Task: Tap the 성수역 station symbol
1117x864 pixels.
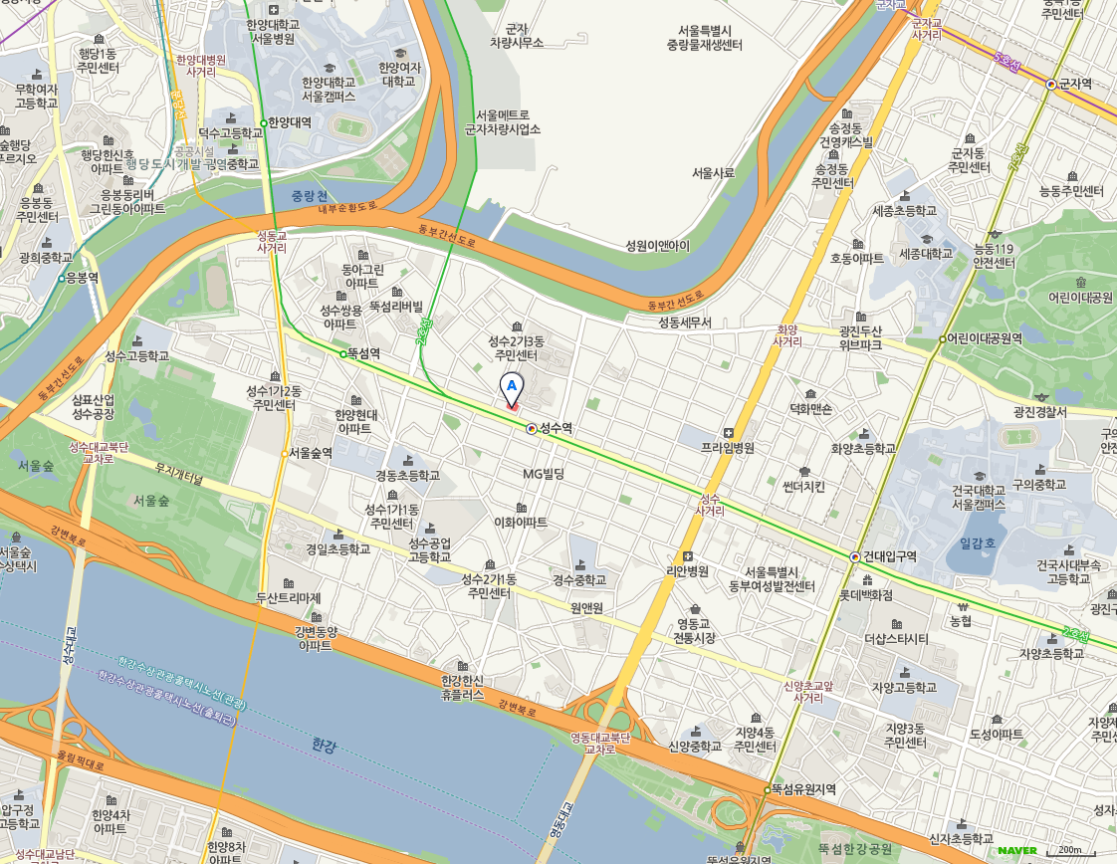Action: (532, 428)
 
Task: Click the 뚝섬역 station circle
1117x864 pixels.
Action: (343, 353)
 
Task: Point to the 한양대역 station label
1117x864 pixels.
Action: (290, 122)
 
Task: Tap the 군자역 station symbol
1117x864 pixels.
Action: (1051, 85)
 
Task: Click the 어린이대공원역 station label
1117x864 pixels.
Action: (986, 339)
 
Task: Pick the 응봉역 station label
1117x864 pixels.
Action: (82, 278)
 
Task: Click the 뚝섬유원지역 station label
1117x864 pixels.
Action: (803, 788)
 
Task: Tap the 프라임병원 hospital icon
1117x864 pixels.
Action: (729, 433)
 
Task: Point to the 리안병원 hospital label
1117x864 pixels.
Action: (687, 571)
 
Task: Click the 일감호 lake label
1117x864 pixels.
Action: (978, 543)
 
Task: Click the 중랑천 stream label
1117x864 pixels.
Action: (310, 196)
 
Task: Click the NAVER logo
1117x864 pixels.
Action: (1017, 850)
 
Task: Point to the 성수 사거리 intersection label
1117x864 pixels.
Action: (710, 504)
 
